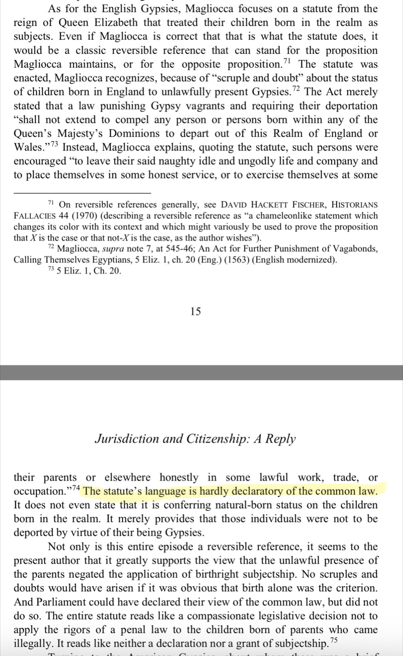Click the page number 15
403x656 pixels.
[x=196, y=312]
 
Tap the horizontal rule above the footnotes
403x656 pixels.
[x=82, y=193]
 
